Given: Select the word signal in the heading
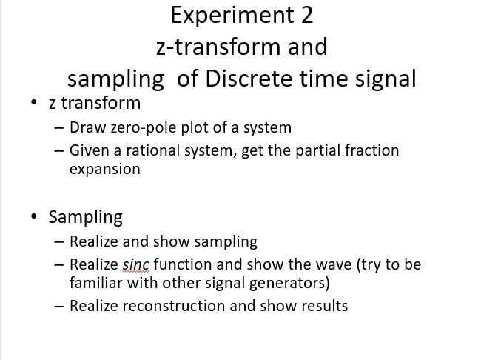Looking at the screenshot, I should point(385,79).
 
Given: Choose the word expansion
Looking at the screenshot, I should point(104,169).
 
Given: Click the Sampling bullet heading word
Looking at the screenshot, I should point(85,218).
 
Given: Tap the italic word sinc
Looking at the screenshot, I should point(135,264).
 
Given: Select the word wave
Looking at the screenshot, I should point(306,264).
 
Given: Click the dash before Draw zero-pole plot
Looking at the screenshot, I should point(59,128).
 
